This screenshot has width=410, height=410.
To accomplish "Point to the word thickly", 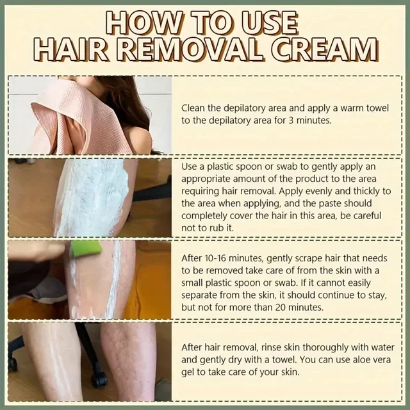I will [359, 190].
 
